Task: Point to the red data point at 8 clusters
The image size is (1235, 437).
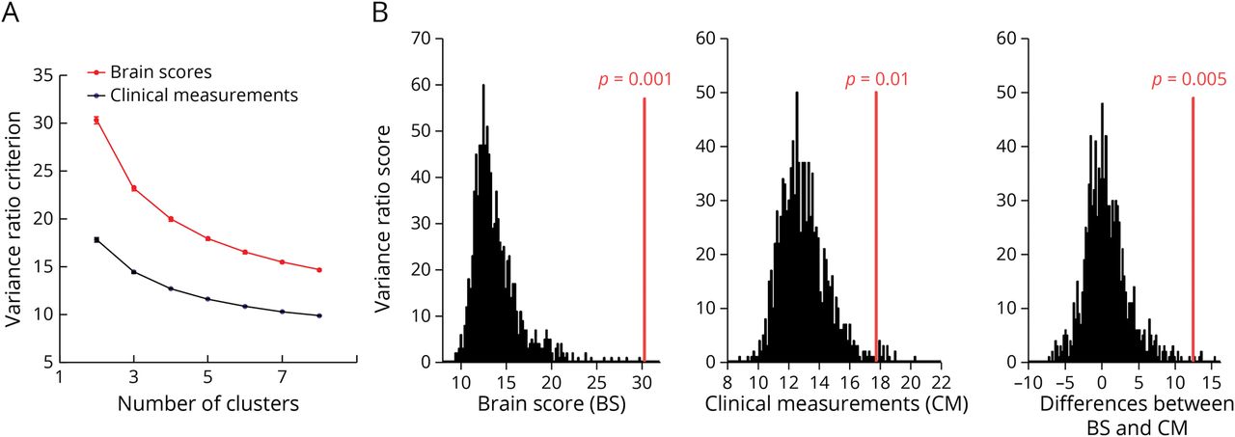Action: point(318,270)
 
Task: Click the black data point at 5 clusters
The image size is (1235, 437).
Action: point(207,299)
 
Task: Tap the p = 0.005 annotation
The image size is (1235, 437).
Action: point(1188,79)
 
